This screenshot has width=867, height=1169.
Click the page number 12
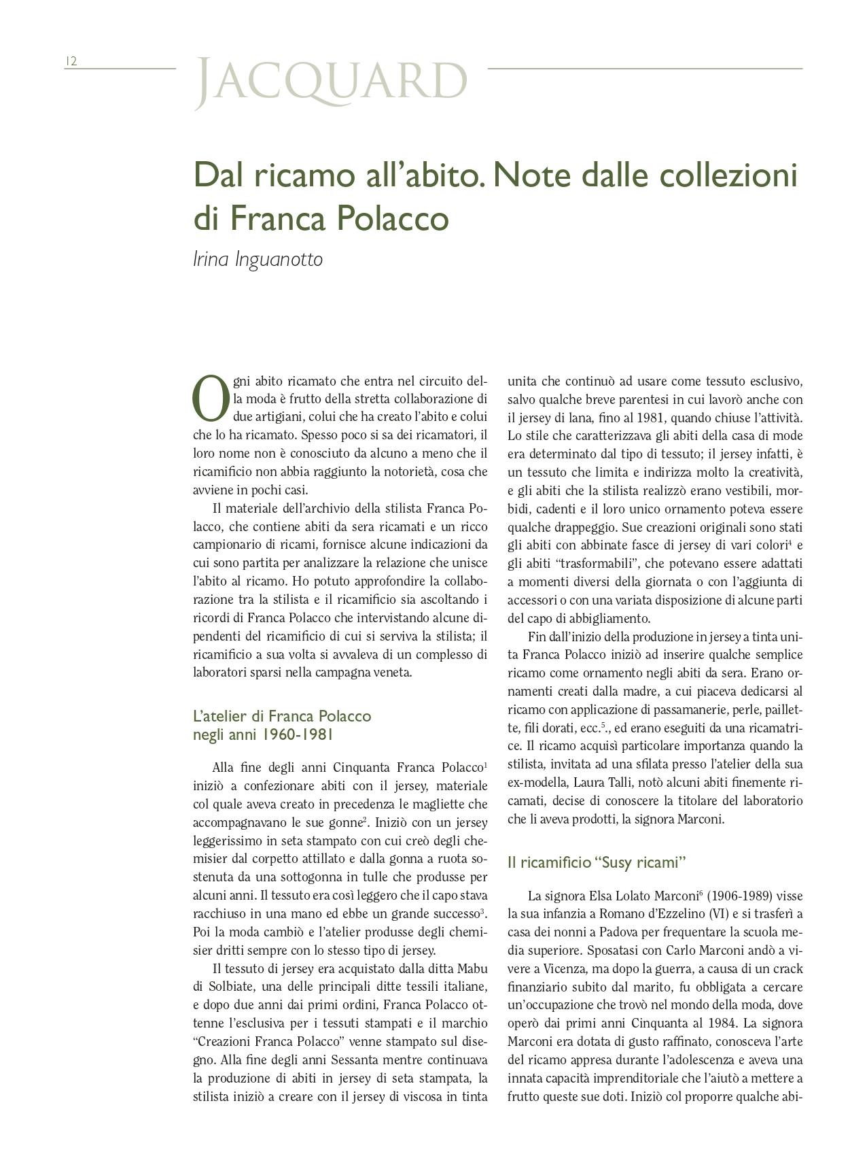click(71, 61)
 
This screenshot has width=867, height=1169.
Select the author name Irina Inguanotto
click(258, 259)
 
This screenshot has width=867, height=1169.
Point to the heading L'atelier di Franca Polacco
click(282, 716)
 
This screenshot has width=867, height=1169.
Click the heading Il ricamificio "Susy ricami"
click(597, 863)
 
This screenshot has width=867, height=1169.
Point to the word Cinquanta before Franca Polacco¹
click(361, 768)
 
